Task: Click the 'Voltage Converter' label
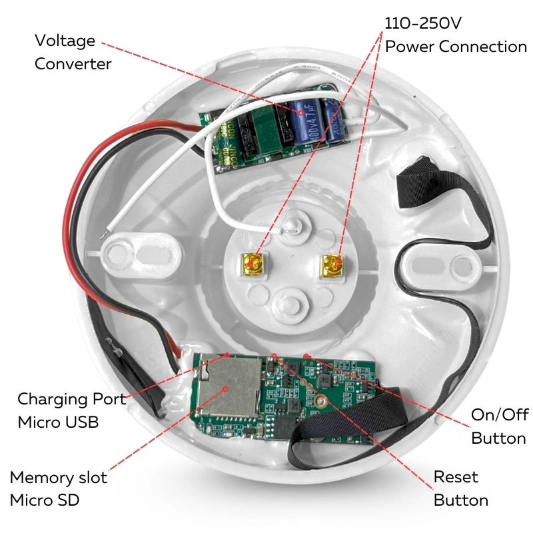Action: (73, 53)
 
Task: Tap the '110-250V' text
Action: (423, 23)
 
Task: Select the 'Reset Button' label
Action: (460, 488)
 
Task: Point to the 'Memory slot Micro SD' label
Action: (59, 488)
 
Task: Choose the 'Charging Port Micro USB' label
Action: (72, 410)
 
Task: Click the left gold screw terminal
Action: (252, 264)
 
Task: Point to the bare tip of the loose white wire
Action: (104, 234)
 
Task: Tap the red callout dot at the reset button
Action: (274, 356)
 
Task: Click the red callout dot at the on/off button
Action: (306, 356)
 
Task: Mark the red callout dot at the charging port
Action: (227, 354)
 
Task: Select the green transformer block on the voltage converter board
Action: (265, 131)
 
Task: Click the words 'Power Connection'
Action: (456, 47)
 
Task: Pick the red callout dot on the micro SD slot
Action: (225, 389)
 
